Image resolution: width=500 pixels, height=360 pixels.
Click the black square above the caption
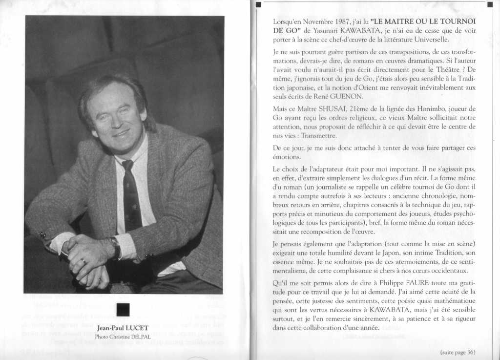tap(123, 310)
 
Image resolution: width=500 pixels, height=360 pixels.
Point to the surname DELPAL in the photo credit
tap(140, 337)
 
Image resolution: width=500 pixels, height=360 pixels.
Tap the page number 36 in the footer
tap(471, 352)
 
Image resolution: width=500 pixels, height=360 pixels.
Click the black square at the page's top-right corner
tap(490, 5)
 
